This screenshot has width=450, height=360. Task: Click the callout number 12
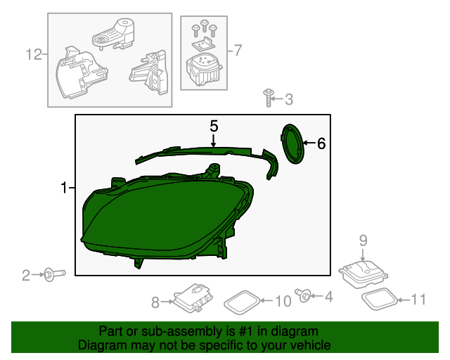tap(34, 54)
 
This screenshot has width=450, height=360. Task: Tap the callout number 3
tap(288, 99)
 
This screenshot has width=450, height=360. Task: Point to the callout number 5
tap(214, 126)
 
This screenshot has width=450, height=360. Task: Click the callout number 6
tap(321, 143)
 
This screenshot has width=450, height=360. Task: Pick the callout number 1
tap(64, 188)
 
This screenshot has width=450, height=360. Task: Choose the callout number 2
tap(26, 276)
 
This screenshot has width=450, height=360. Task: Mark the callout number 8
tap(155, 302)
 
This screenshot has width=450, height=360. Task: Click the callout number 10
tap(282, 302)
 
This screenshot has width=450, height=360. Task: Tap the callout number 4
tap(328, 297)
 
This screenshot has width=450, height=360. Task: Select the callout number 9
tap(364, 240)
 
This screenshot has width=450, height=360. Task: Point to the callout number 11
tap(418, 300)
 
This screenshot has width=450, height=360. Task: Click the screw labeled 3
tap(268, 98)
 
